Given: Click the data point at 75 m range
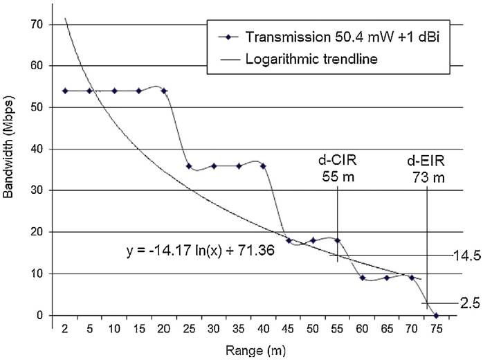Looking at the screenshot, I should point(436,315).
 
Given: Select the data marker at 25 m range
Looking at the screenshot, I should point(189,166).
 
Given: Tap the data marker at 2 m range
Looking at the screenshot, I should point(64,91).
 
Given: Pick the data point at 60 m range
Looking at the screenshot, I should point(363,278).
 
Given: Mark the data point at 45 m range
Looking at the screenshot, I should point(289,241).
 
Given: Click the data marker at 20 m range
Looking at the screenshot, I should point(164,91).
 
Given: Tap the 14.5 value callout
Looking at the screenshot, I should point(466,255).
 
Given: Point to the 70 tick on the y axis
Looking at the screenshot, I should point(36,25).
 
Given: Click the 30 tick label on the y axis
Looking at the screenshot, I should point(36,190).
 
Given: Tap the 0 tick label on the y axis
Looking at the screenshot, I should point(39,315).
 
